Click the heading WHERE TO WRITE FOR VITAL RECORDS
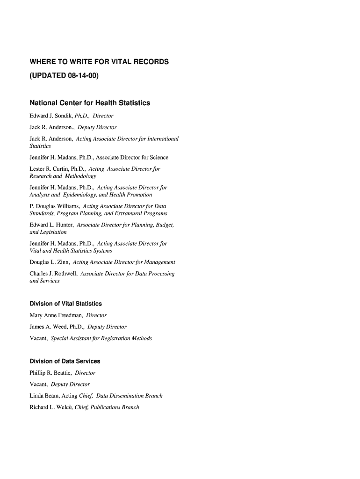pos(99,62)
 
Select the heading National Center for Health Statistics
pos(90,103)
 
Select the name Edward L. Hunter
pos(51,225)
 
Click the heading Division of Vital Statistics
pos(65,304)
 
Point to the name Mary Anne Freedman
pos(56,315)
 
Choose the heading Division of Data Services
pos(65,362)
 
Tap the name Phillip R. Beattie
pos(50,373)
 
